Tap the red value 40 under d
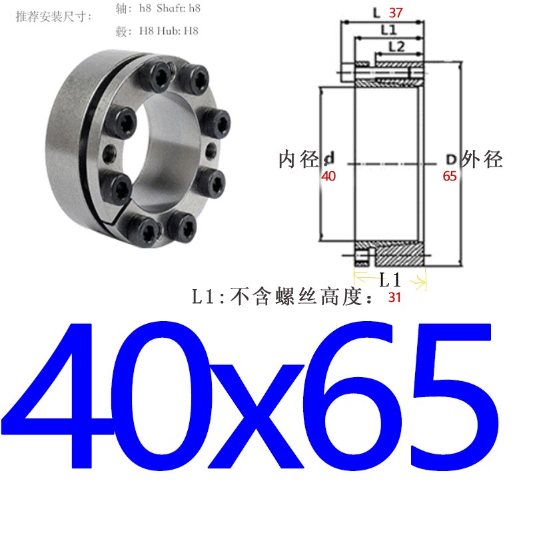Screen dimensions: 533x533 click(x=328, y=177)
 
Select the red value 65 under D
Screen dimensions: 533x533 click(x=450, y=177)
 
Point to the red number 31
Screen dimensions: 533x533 click(x=394, y=298)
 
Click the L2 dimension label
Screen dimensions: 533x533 click(x=396, y=47)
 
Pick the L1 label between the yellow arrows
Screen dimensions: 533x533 click(x=389, y=278)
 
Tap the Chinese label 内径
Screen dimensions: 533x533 click(x=298, y=160)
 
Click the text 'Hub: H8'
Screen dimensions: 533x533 click(x=178, y=30)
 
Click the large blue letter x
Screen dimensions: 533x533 click(x=253, y=416)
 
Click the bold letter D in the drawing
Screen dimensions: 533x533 click(x=450, y=160)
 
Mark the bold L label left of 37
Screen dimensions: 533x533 click(x=376, y=13)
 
